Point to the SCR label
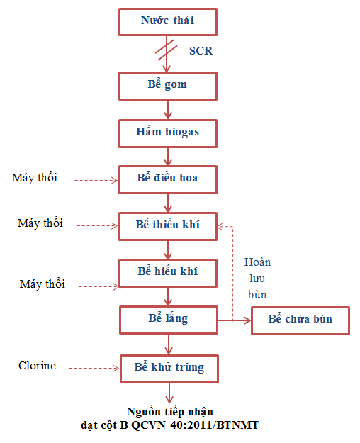pos(201,51)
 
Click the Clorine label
pos(37,365)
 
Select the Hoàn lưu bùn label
pos(257,279)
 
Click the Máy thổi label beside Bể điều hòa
pos(35,178)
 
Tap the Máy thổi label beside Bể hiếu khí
pos(42,284)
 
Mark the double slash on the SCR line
pos(166,50)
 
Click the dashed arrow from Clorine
pos(94,368)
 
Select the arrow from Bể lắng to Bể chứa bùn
pos(235,320)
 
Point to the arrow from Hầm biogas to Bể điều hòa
pos(168,157)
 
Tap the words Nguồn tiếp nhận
pos(170,412)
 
